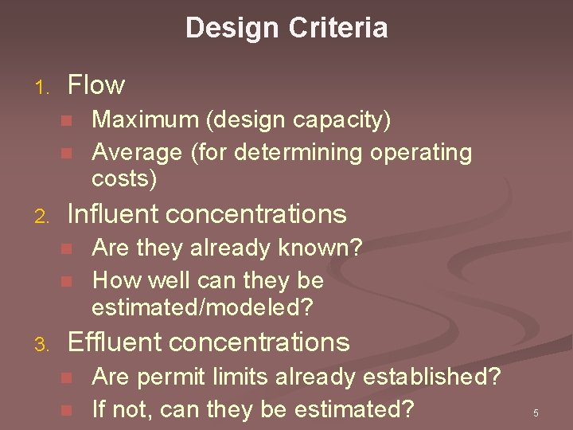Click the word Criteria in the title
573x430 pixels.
click(x=339, y=29)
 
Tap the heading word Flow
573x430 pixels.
click(x=96, y=84)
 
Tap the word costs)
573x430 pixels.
click(x=125, y=178)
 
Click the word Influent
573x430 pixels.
click(x=115, y=214)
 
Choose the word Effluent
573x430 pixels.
click(x=115, y=342)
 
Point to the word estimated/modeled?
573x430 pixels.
click(x=203, y=307)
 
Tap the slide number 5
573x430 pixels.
click(x=536, y=413)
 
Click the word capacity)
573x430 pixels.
click(x=350, y=120)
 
